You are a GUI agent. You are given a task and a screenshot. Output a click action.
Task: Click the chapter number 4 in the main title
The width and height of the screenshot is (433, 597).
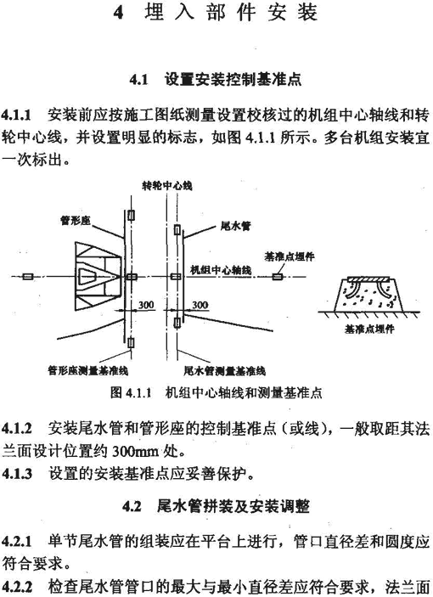tap(119, 13)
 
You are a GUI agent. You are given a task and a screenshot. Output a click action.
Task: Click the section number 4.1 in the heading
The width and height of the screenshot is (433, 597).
tap(138, 80)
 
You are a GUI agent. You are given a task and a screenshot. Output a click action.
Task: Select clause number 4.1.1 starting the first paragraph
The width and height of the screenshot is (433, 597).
tap(16, 115)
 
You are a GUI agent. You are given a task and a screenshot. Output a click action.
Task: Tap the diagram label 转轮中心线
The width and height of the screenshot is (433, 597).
tap(167, 186)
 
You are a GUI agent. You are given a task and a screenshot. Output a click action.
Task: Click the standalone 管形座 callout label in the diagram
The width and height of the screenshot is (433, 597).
tap(76, 220)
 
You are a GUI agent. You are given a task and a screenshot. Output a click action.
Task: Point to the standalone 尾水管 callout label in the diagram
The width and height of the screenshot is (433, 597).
tap(235, 226)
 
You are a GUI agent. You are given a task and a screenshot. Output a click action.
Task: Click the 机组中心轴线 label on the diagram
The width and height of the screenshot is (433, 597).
tap(221, 270)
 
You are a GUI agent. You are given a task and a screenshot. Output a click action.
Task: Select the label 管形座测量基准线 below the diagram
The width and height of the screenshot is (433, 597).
tap(88, 370)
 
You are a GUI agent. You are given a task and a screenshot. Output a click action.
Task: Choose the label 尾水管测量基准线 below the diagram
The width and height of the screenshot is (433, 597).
tap(224, 371)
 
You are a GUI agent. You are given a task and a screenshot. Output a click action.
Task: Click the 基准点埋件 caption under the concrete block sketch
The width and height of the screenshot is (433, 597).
tap(369, 329)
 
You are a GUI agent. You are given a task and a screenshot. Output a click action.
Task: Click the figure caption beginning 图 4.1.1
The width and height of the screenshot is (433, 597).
tap(216, 392)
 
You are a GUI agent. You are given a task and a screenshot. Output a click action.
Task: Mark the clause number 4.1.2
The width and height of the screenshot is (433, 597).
tap(17, 429)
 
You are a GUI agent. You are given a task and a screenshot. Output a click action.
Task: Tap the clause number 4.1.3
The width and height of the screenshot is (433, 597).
tap(17, 474)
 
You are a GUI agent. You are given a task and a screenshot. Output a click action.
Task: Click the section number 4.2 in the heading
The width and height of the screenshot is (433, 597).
tap(132, 507)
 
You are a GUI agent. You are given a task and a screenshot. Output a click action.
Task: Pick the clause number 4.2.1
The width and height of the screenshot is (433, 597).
tap(17, 541)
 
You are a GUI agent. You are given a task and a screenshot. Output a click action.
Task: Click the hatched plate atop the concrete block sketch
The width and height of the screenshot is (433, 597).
tap(368, 280)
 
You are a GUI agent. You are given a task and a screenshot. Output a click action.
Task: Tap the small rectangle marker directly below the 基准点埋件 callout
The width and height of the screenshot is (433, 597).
tap(277, 276)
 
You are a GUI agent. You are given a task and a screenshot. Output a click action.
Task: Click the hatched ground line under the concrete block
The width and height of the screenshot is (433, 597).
tap(368, 314)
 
